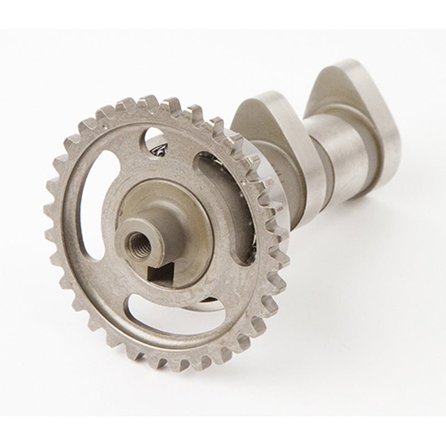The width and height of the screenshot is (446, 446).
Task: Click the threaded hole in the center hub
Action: click(135, 241)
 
